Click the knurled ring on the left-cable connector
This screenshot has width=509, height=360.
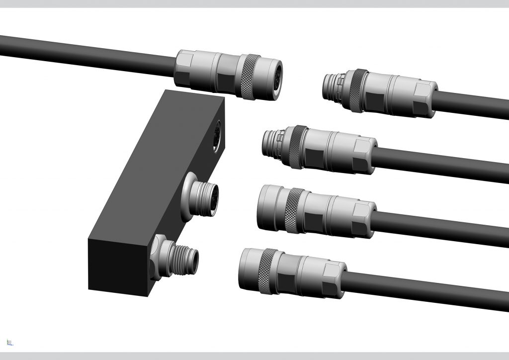(x=247, y=76)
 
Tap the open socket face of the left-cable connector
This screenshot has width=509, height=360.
(x=274, y=80)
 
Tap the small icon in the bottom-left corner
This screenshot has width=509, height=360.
(x=10, y=342)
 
